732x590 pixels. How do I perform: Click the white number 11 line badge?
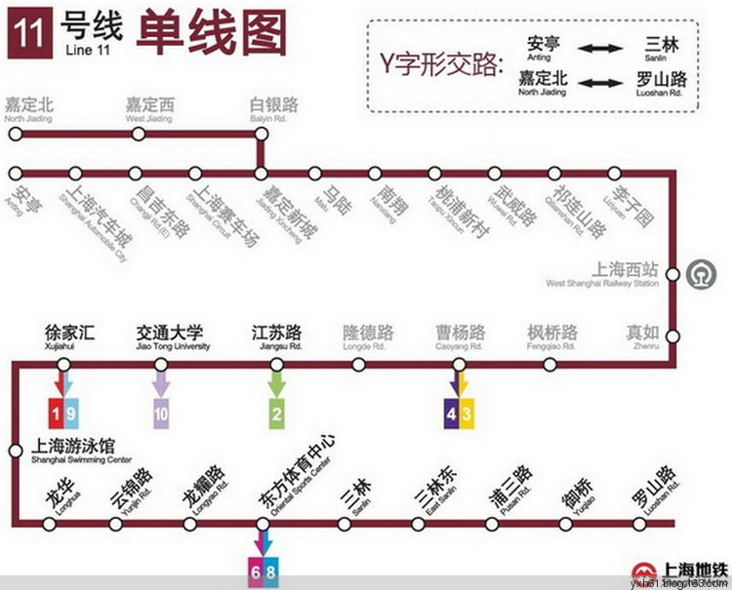(26, 33)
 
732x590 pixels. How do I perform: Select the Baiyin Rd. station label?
(274, 108)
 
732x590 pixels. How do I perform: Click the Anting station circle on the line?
(13, 174)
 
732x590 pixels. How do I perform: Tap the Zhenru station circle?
(671, 336)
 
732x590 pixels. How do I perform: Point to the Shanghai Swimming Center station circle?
(14, 451)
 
